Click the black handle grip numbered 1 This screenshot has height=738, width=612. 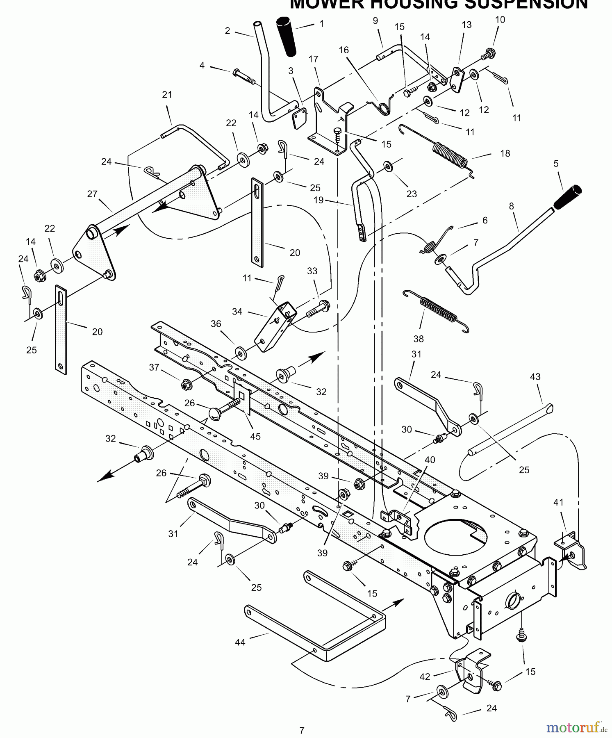point(287,36)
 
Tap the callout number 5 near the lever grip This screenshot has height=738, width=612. point(556,164)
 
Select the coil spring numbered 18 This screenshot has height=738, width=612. point(450,154)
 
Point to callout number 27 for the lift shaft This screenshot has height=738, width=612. point(92,194)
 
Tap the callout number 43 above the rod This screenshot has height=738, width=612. point(535,376)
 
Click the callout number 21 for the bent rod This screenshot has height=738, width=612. point(167,95)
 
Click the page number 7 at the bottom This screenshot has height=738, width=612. point(302,730)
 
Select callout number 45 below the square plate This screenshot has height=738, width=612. point(255,436)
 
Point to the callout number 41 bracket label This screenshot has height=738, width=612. point(558,502)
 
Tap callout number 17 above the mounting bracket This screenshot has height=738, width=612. point(313,59)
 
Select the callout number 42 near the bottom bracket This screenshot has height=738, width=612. point(425,676)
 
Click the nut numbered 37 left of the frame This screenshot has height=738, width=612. point(187,385)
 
